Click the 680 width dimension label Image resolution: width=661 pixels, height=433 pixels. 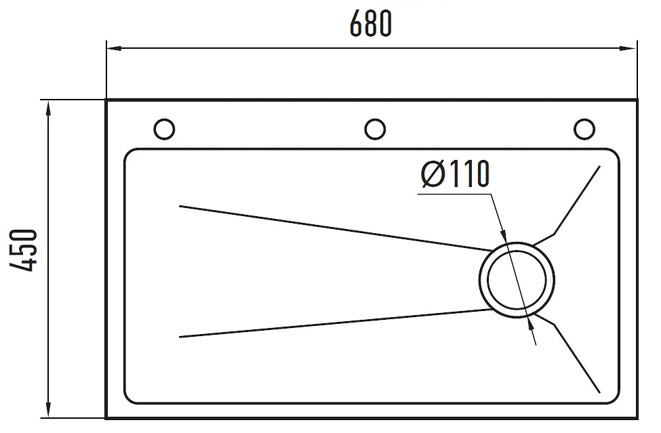coord(371,24)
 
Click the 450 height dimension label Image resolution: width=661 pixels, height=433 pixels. coord(24,250)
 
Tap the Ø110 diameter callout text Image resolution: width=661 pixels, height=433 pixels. coord(456,173)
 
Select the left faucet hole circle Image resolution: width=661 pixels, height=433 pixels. coord(164,129)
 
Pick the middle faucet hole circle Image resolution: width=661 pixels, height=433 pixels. coord(375,129)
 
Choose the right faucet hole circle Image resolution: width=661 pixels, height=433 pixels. coord(584,129)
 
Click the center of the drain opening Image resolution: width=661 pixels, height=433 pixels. coord(517,280)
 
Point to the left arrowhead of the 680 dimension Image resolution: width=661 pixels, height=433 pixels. coord(114,48)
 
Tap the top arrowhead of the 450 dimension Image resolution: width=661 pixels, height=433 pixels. coord(49,108)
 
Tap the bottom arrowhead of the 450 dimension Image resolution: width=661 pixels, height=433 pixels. coord(49,410)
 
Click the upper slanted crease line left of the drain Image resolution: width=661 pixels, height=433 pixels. coord(336,228)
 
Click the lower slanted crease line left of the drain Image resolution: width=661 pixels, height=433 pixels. coord(336,323)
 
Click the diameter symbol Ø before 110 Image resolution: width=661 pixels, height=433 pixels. coord(433,174)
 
